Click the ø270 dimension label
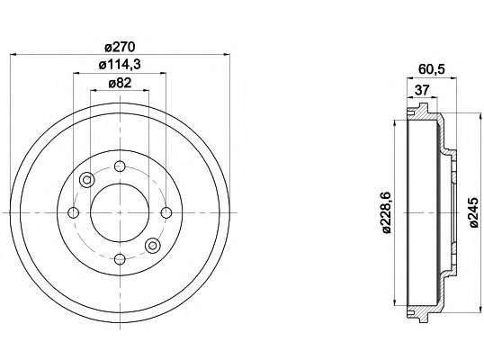pyautogui.click(x=120, y=47)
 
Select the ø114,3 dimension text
pyautogui.click(x=120, y=65)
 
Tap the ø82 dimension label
pyautogui.click(x=120, y=83)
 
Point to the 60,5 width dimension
pyautogui.click(x=432, y=69)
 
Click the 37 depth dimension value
pyautogui.click(x=422, y=90)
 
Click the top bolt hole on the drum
pyautogui.click(x=120, y=166)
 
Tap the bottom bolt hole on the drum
pyautogui.click(x=120, y=258)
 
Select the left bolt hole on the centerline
pyautogui.click(x=74, y=212)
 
